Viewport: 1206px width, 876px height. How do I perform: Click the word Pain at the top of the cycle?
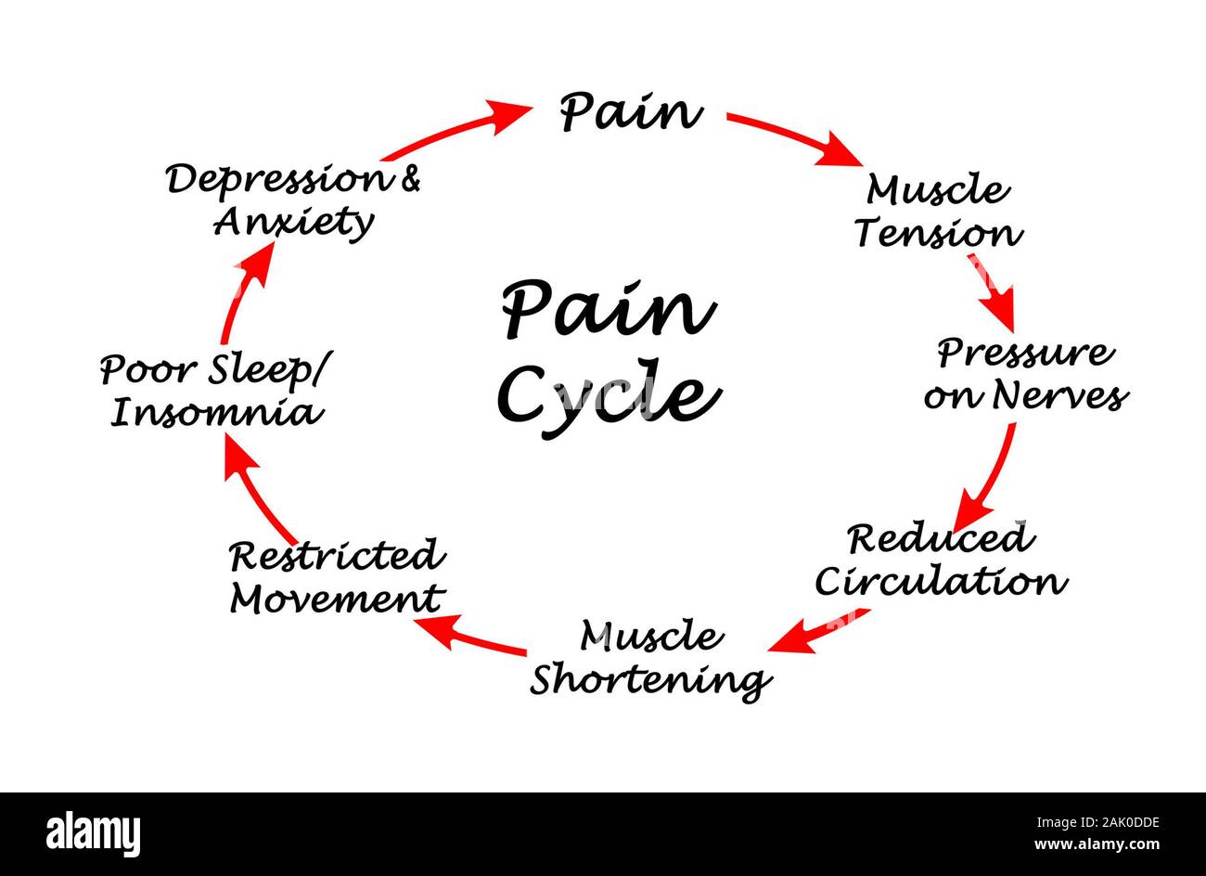(x=630, y=112)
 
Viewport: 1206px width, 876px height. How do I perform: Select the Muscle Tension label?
(x=938, y=212)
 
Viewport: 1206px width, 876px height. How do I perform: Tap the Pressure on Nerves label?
(x=1025, y=374)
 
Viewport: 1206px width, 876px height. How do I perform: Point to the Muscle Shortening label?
(x=649, y=658)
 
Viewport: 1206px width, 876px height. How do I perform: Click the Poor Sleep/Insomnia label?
(x=215, y=391)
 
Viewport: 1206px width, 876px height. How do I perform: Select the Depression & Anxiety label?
(x=293, y=200)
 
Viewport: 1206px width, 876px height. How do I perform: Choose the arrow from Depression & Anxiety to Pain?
(x=455, y=129)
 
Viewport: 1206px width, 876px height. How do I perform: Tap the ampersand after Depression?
(x=408, y=178)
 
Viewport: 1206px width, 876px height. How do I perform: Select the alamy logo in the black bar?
(x=93, y=831)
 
